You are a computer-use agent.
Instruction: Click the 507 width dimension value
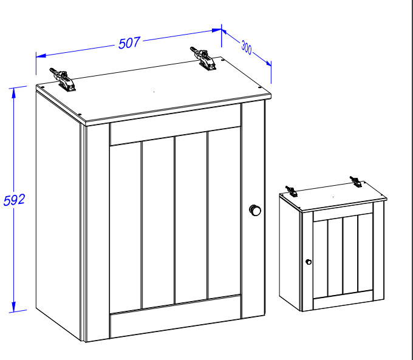pyautogui.click(x=129, y=43)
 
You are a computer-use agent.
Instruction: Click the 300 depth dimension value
pyautogui.click(x=247, y=47)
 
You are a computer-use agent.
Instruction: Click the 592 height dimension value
pyautogui.click(x=14, y=200)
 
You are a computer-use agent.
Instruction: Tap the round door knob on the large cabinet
pyautogui.click(x=255, y=210)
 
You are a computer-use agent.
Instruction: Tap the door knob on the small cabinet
pyautogui.click(x=309, y=262)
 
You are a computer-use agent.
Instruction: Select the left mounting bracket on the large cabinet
pyautogui.click(x=63, y=80)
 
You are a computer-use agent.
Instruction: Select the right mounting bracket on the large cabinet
pyautogui.click(x=203, y=58)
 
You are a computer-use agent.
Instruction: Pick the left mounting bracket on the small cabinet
pyautogui.click(x=292, y=191)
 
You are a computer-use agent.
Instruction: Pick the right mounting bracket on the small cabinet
pyautogui.click(x=356, y=182)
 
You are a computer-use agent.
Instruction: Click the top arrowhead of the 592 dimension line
pyautogui.click(x=14, y=93)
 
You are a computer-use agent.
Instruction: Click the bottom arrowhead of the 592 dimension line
pyautogui.click(x=14, y=307)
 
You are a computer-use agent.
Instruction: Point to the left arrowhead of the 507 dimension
pyautogui.click(x=41, y=56)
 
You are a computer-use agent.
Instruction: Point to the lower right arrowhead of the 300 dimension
pyautogui.click(x=268, y=63)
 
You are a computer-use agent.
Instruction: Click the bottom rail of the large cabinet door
pyautogui.click(x=176, y=317)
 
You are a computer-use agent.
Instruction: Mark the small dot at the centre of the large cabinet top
pyautogui.click(x=154, y=92)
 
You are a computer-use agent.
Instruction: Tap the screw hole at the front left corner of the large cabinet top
pyautogui.click(x=80, y=114)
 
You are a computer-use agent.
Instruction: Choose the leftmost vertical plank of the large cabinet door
pyautogui.click(x=125, y=227)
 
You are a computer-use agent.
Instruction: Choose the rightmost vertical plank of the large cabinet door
pyautogui.click(x=224, y=213)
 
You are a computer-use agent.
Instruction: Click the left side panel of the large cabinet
pyautogui.click(x=58, y=213)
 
